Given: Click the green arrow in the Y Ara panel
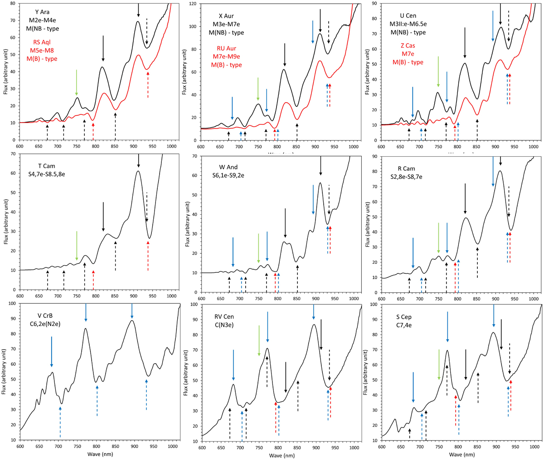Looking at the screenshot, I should tap(77, 83).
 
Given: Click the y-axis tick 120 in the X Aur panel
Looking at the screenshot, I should tap(193, 4).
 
